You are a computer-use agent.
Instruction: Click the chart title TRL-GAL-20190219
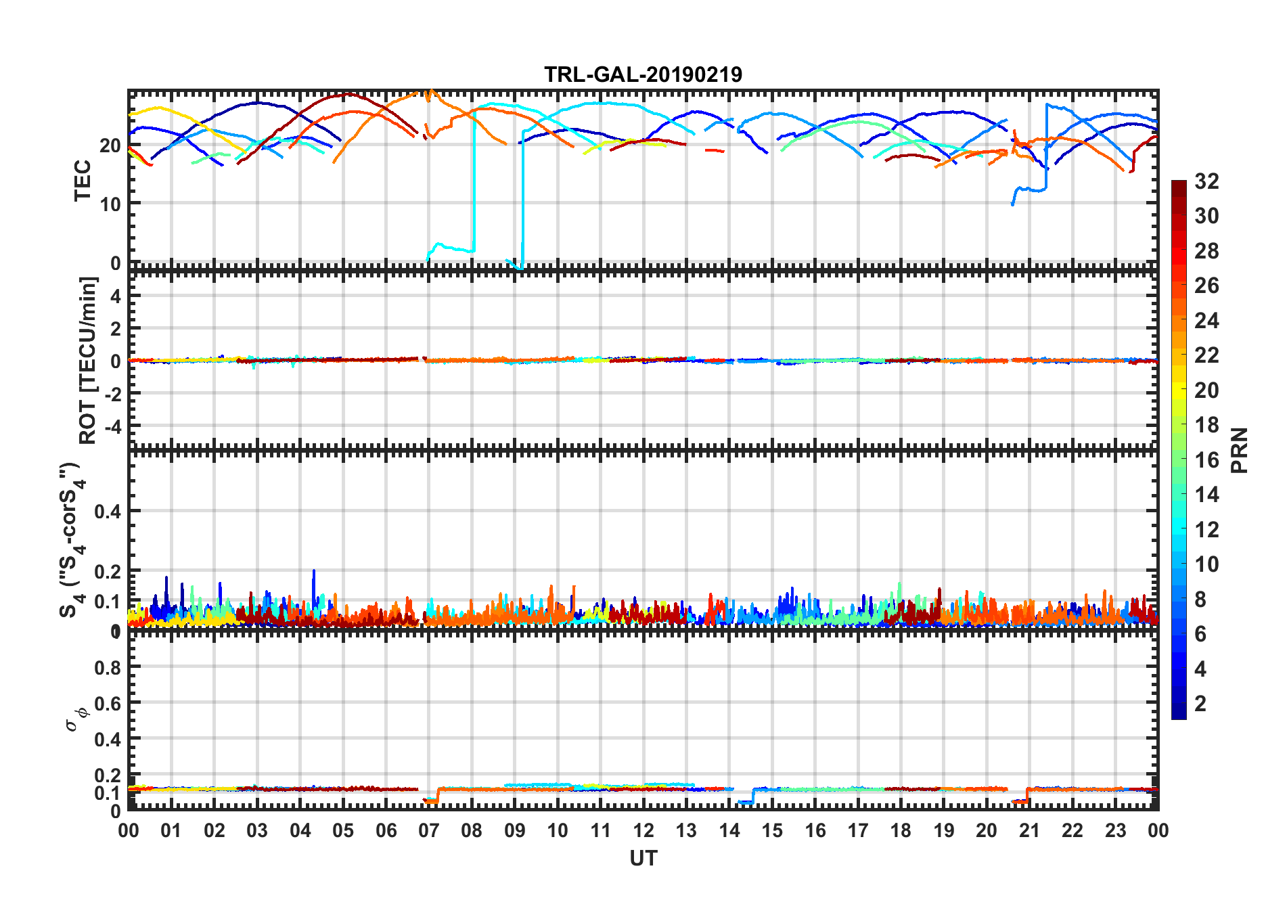click(x=643, y=74)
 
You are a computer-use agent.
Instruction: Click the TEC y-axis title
click(x=83, y=180)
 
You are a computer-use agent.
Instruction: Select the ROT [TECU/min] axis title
click(x=88, y=360)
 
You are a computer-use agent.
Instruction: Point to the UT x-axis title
click(x=643, y=859)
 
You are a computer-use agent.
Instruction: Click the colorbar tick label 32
click(x=1206, y=181)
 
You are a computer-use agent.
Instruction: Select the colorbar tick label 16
click(x=1206, y=460)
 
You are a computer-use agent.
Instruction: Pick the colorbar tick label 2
click(x=1200, y=704)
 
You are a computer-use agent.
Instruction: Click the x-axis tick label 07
click(x=428, y=831)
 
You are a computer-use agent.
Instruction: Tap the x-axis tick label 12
click(x=643, y=831)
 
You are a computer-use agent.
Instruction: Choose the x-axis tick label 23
click(x=1115, y=831)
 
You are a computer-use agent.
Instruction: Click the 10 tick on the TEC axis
click(x=110, y=204)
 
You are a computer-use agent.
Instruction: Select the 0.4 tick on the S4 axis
click(x=108, y=512)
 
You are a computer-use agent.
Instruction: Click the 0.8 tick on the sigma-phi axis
click(x=108, y=668)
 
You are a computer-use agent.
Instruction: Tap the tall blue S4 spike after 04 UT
click(x=313, y=582)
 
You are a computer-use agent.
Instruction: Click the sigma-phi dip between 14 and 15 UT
click(x=745, y=803)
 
